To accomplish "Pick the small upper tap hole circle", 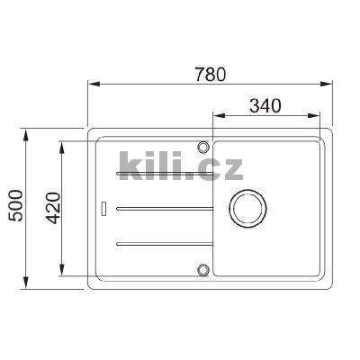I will click(204, 145).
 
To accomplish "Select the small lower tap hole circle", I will click(204, 268).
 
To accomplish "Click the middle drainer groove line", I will click(162, 207).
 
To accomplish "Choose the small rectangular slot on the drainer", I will click(106, 207).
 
